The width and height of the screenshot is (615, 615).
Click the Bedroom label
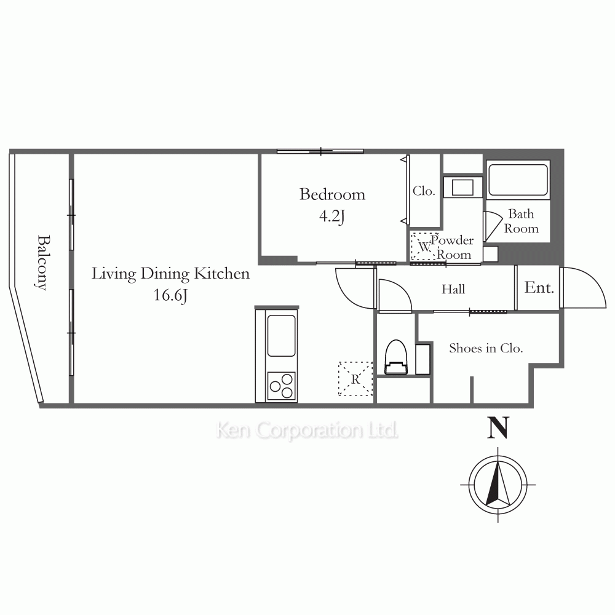click(x=332, y=194)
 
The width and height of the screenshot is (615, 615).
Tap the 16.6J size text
click(x=170, y=295)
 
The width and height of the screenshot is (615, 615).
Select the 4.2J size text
click(x=332, y=216)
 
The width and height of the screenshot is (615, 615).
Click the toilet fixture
click(x=395, y=357)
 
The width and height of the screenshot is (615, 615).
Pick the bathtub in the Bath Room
click(x=518, y=179)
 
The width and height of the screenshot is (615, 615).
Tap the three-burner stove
click(x=281, y=386)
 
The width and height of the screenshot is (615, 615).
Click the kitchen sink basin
click(x=281, y=336)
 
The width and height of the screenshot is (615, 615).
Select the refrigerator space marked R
click(x=355, y=379)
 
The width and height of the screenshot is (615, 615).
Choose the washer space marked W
click(x=424, y=247)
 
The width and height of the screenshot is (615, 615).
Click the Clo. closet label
click(x=424, y=191)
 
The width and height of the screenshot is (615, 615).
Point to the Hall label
click(x=453, y=290)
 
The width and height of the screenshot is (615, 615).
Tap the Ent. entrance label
click(x=539, y=288)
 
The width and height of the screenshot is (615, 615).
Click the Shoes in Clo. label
click(x=486, y=348)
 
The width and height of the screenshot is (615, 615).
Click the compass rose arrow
click(x=498, y=484)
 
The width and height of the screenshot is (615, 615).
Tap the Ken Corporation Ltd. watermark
click(x=307, y=430)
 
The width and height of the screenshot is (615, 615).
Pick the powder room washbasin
click(x=462, y=187)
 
